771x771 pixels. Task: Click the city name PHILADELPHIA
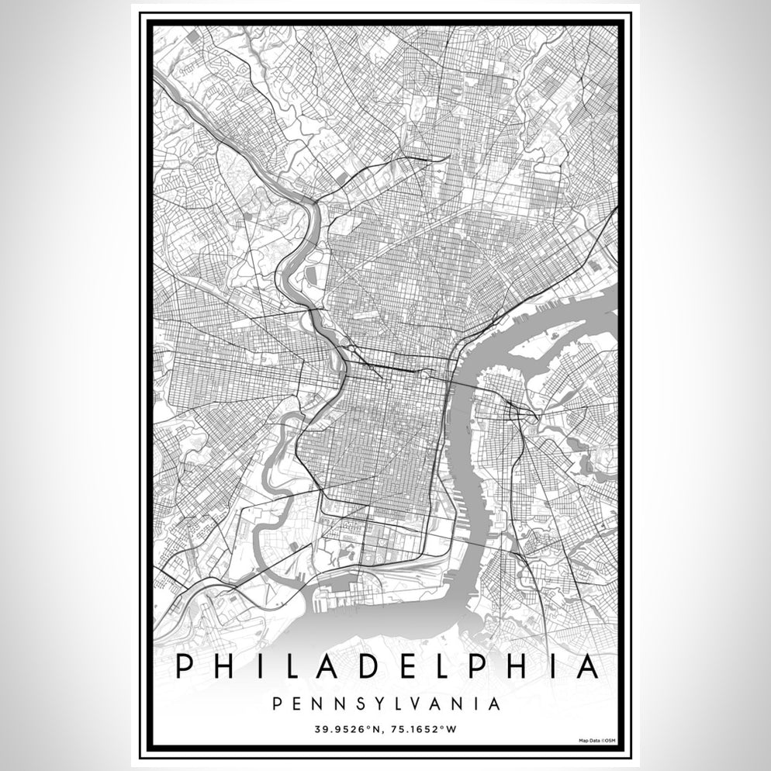(385, 666)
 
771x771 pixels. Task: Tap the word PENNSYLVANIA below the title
(385, 704)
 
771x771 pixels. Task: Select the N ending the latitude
(377, 730)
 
